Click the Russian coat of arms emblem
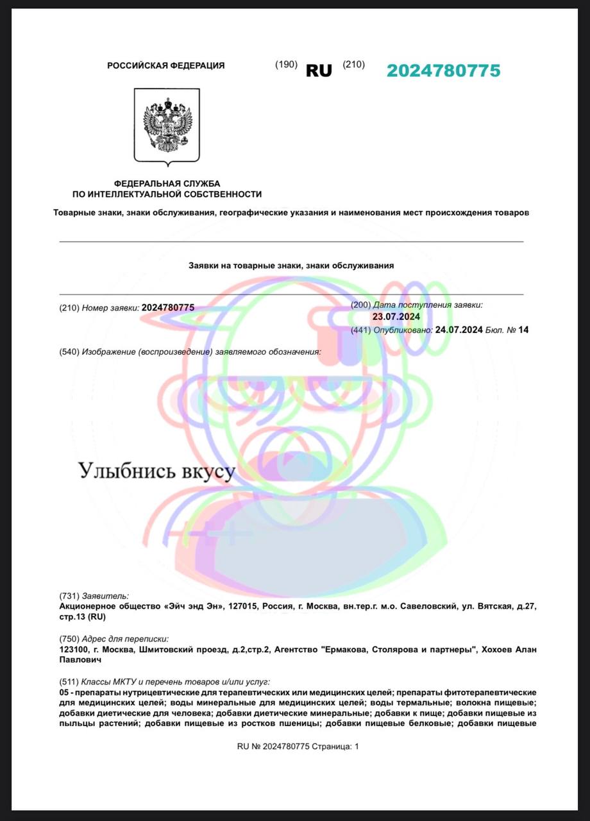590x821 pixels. click(x=167, y=125)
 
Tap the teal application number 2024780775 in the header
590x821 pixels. click(x=443, y=71)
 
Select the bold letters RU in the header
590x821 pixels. click(x=319, y=71)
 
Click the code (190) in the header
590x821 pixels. click(x=286, y=65)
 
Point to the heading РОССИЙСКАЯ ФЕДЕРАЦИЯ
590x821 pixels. click(x=165, y=65)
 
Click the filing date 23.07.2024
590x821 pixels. click(x=396, y=316)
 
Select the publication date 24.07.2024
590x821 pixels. click(x=459, y=330)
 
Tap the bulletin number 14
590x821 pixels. click(x=524, y=330)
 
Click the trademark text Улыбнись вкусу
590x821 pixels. click(x=157, y=471)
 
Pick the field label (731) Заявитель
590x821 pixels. click(x=94, y=595)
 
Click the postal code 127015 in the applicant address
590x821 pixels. click(x=237, y=605)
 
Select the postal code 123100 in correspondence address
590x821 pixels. click(x=72, y=650)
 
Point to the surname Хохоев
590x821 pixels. click(x=500, y=650)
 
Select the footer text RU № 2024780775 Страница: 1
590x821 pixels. click(x=298, y=747)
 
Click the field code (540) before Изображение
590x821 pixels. click(x=69, y=351)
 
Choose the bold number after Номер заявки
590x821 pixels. click(x=167, y=308)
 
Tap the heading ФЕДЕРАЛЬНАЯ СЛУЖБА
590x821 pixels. click(x=167, y=184)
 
